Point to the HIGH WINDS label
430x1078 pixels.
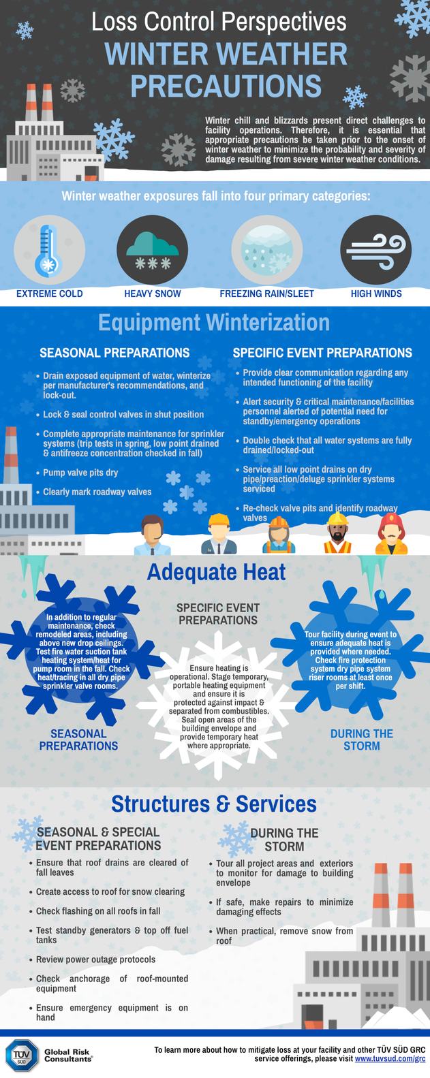376,294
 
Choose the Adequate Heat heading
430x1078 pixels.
216,571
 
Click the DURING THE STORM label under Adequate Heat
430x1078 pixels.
361,739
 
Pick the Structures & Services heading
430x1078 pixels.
214,804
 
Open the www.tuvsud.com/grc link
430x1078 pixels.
390,1060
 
